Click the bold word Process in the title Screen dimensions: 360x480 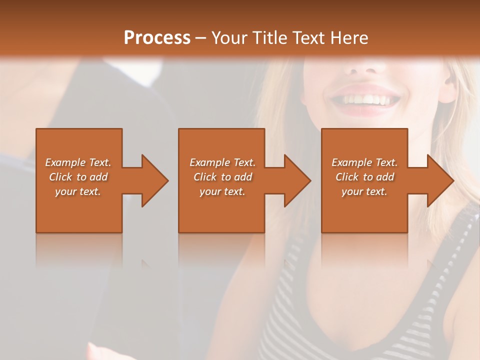pos(157,38)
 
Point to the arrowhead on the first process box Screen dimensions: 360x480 pos(155,180)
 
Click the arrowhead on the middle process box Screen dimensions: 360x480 pos(297,180)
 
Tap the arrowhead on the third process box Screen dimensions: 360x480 pos(440,180)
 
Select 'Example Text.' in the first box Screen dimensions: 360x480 pos(78,162)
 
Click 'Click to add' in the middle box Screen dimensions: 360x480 pos(222,177)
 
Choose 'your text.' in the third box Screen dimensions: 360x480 pos(364,191)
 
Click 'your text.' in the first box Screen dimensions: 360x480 pos(78,191)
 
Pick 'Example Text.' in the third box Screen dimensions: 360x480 pos(364,162)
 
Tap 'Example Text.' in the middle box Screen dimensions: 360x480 pos(222,162)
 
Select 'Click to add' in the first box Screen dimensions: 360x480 pos(78,177)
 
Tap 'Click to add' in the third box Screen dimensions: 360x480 pos(364,177)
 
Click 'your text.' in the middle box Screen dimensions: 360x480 pos(222,191)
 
